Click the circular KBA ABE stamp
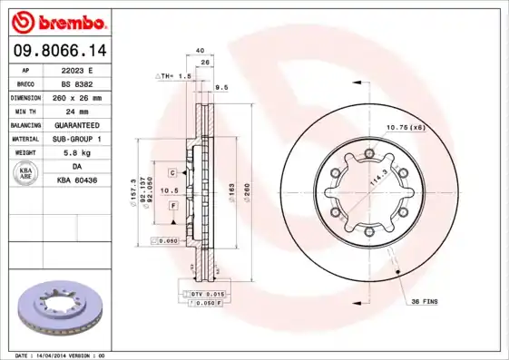[26, 174]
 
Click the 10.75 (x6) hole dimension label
[406, 127]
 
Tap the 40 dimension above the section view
[200, 51]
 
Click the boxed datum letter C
[171, 171]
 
